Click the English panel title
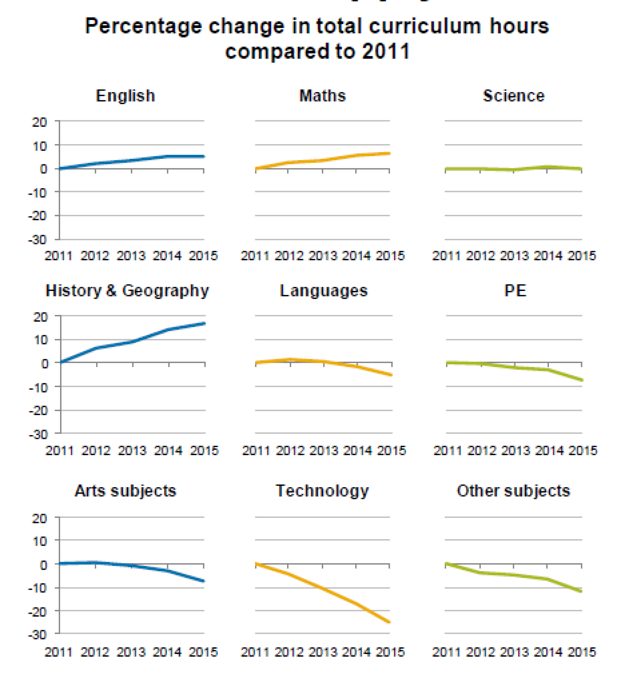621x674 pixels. (x=125, y=96)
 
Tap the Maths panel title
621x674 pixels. (x=322, y=96)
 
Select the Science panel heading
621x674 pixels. (x=514, y=96)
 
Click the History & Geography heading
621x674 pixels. (x=127, y=291)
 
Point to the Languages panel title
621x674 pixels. (x=324, y=291)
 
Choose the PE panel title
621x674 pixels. (x=515, y=291)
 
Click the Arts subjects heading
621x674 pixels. (x=125, y=491)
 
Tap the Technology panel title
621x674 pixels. (x=322, y=491)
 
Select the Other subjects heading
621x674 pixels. (x=514, y=491)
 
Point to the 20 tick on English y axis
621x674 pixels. (x=39, y=122)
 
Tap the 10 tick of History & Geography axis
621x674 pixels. (x=41, y=340)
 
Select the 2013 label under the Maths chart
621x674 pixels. (x=322, y=256)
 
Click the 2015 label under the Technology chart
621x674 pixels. (x=390, y=652)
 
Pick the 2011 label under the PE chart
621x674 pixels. (x=448, y=451)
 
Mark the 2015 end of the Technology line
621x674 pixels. (x=389, y=622)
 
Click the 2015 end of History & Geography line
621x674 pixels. (x=204, y=323)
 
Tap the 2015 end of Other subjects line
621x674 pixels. (x=581, y=591)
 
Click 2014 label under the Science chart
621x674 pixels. (x=548, y=256)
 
